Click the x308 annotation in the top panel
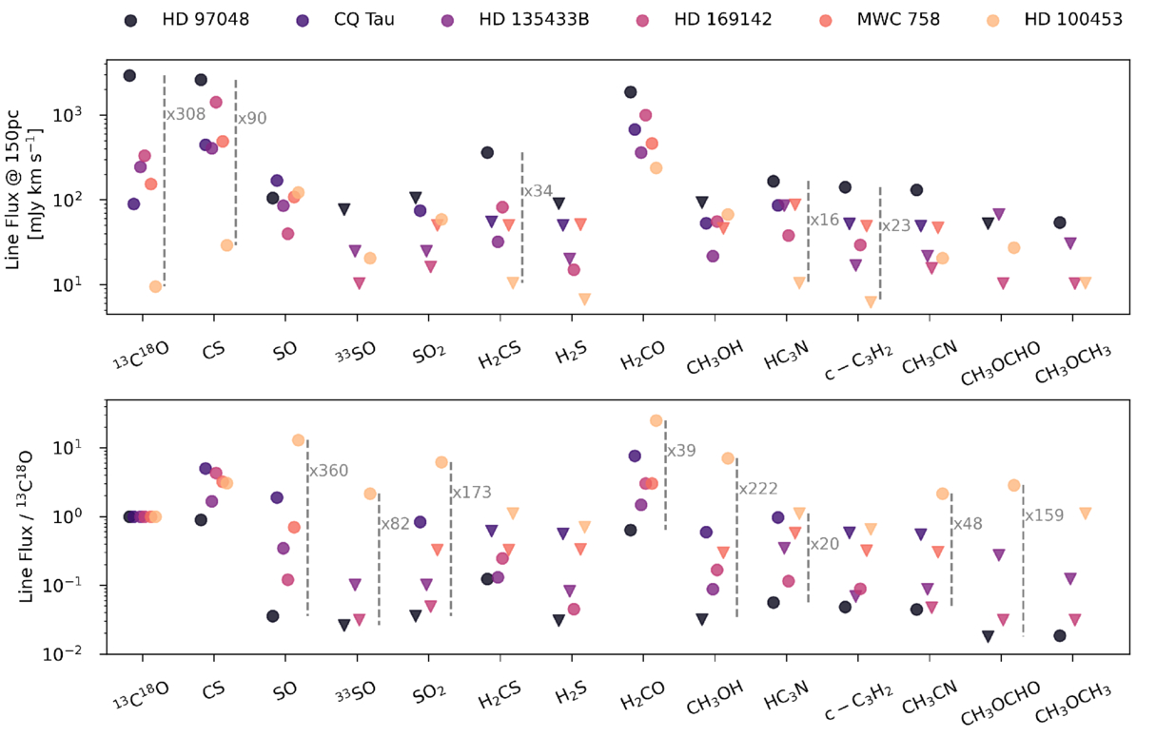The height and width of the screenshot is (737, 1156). click(x=186, y=114)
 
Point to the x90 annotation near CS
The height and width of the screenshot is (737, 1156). click(x=252, y=119)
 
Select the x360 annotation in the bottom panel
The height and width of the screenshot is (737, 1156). click(x=328, y=470)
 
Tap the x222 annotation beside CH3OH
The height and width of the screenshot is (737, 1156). click(x=757, y=489)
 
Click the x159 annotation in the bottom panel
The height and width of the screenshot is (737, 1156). click(x=1044, y=516)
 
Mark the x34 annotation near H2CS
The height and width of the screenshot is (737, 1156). click(x=539, y=191)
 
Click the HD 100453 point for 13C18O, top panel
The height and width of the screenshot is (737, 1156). click(x=155, y=287)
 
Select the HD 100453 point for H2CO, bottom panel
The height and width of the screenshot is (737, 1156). click(x=656, y=420)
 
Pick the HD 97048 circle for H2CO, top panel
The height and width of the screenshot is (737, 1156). click(x=630, y=92)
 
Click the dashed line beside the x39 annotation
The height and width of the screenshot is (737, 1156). click(x=665, y=475)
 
